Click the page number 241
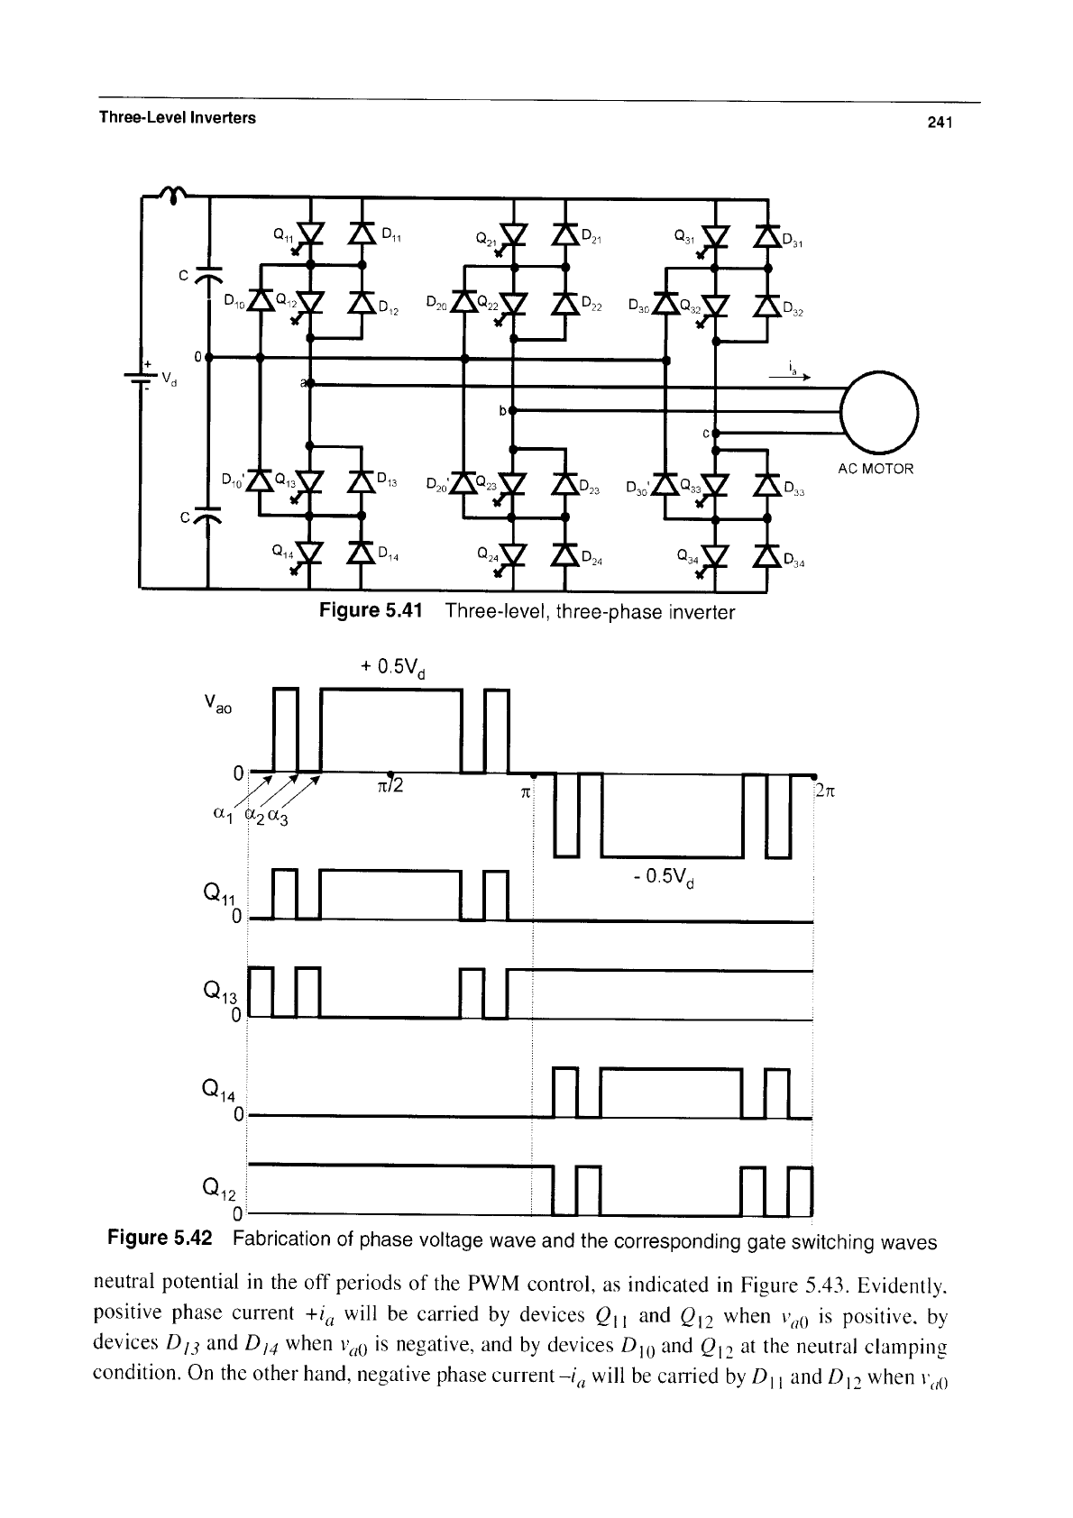tap(940, 123)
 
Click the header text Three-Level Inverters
tap(178, 118)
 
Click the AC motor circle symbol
tap(879, 412)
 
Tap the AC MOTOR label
tap(875, 469)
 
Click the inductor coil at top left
tap(174, 195)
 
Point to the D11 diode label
tap(391, 235)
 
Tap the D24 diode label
tap(592, 558)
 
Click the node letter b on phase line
tap(503, 411)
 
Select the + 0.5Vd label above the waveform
tap(392, 669)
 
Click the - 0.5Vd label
tap(665, 878)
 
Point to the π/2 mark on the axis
tap(390, 785)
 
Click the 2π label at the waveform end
tap(826, 791)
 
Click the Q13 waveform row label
tap(220, 992)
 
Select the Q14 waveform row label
tap(218, 1091)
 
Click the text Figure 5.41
tap(371, 610)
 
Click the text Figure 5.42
tap(160, 1239)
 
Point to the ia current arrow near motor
tap(789, 377)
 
